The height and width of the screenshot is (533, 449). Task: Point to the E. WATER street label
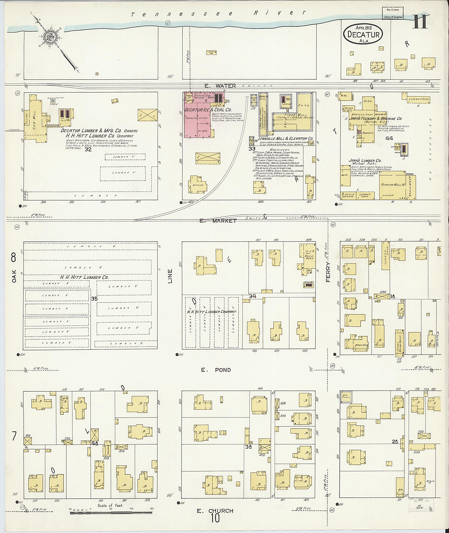click(x=220, y=86)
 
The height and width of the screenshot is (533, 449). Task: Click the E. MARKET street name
click(x=218, y=221)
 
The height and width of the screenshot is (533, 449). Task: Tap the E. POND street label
click(x=216, y=370)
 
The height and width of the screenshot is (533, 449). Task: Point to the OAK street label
click(x=14, y=276)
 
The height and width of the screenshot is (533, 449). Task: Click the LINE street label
click(x=170, y=276)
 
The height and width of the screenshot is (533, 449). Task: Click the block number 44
click(x=389, y=138)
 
